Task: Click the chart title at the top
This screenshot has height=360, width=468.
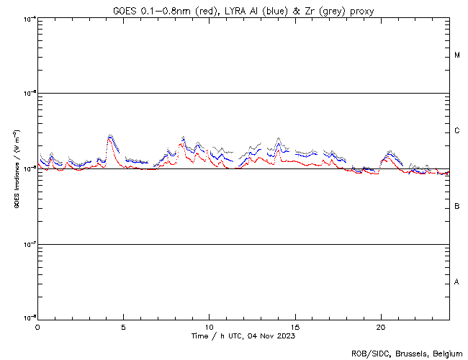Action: (x=243, y=11)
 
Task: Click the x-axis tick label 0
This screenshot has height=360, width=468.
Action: (x=37, y=326)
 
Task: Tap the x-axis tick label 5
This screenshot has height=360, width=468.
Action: (x=123, y=326)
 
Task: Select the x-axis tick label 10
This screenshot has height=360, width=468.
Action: (x=209, y=326)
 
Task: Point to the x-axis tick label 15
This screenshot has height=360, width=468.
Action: (x=294, y=326)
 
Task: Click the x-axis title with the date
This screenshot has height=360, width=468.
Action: (x=243, y=336)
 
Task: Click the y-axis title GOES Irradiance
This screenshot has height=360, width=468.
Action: (x=16, y=169)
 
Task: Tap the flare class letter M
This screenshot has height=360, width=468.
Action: (x=457, y=55)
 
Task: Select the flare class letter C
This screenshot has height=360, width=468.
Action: (x=457, y=131)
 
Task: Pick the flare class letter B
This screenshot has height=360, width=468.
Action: (x=457, y=207)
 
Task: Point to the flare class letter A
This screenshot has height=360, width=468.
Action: (x=457, y=282)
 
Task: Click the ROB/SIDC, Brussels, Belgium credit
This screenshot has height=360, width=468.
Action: (x=407, y=354)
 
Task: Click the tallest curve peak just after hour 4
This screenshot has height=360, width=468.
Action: (x=110, y=135)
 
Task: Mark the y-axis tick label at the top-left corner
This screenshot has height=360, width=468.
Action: (x=29, y=18)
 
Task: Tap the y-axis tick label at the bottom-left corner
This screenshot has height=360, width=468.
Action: (x=29, y=318)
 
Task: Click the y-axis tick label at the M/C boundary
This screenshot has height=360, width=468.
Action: (x=29, y=94)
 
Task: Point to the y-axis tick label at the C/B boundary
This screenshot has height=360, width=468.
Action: (x=29, y=168)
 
